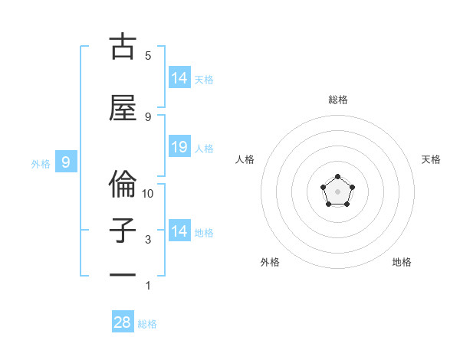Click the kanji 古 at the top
[x=123, y=47]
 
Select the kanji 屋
[x=123, y=107]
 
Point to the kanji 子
[x=123, y=231]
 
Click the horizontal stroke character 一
[x=123, y=275]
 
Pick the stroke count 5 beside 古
[x=148, y=55]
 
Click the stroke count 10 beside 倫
[x=149, y=193]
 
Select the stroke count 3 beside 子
[x=148, y=240]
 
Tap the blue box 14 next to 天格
[x=179, y=77]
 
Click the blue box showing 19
[x=179, y=147]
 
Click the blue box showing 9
[x=67, y=162]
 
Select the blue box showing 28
[x=123, y=322]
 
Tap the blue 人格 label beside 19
[x=204, y=148]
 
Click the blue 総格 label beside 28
[x=147, y=324]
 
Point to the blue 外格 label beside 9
[x=40, y=163]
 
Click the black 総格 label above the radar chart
[x=337, y=100]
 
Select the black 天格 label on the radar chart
[x=431, y=159]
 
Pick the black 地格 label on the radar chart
[x=402, y=262]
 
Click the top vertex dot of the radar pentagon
[x=337, y=177]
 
